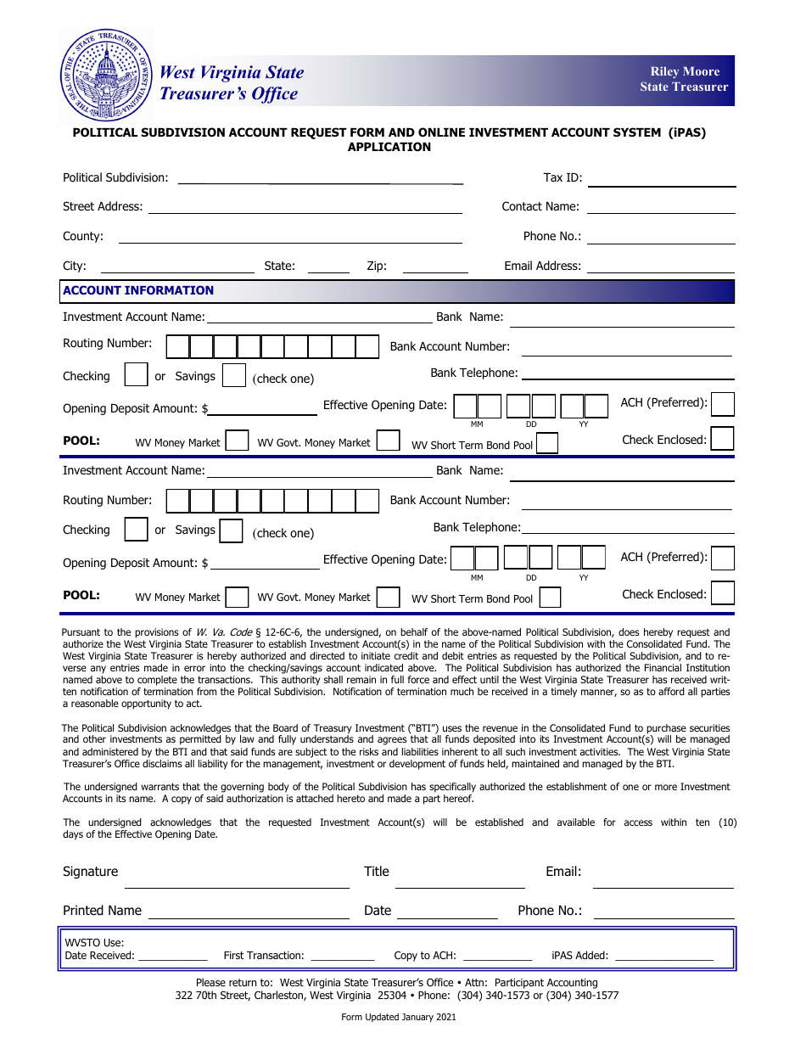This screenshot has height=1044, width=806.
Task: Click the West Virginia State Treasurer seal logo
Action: (x=106, y=76)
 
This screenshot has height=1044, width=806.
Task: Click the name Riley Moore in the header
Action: (x=685, y=72)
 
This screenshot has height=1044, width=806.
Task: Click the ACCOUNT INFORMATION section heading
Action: (x=138, y=291)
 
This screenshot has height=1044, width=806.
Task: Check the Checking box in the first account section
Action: (x=137, y=374)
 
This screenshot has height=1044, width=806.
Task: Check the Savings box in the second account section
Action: (x=231, y=530)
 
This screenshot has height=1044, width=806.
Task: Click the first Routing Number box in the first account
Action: (x=177, y=346)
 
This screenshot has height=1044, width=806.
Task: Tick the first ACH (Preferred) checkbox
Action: (x=723, y=404)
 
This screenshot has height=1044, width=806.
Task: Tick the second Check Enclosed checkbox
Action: (x=723, y=592)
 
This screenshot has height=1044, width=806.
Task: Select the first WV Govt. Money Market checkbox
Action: (x=389, y=441)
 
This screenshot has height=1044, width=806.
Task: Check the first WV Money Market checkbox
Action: (x=238, y=441)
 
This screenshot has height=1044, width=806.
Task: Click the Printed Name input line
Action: (x=249, y=912)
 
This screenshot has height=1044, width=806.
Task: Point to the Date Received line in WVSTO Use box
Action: (x=172, y=957)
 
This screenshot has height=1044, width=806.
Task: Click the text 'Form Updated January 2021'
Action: (x=399, y=1018)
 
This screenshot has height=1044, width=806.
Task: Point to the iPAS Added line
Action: (x=663, y=957)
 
